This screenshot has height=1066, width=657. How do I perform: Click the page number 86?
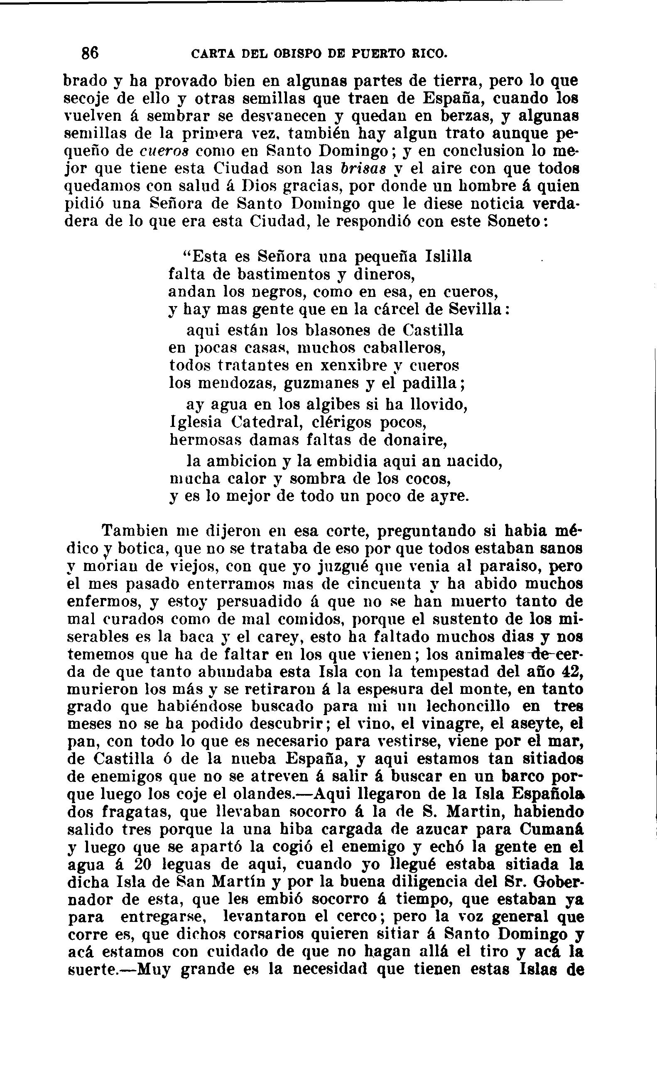click(91, 53)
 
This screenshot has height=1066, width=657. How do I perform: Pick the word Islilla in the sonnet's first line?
click(447, 256)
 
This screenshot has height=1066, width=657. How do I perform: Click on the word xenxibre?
click(353, 365)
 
